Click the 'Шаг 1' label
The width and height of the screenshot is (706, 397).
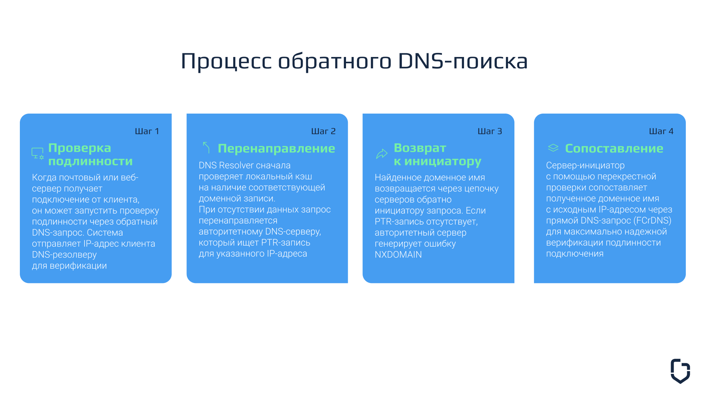(147, 131)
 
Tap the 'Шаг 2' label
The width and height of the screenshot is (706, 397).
(324, 131)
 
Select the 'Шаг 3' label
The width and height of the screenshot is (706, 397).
(490, 131)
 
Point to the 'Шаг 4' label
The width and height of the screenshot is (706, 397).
(661, 131)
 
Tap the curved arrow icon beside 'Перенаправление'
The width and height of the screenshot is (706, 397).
(206, 147)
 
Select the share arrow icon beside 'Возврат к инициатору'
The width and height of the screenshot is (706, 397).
(382, 154)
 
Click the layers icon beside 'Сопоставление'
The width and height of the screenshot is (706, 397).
(553, 148)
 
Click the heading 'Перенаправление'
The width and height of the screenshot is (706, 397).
(277, 148)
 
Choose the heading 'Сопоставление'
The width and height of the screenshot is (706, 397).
(614, 148)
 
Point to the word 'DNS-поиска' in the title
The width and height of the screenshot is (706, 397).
(463, 61)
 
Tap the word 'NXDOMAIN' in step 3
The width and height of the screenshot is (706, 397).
(398, 255)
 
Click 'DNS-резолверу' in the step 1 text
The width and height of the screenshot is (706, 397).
(64, 255)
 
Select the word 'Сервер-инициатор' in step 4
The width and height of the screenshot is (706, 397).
(585, 165)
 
